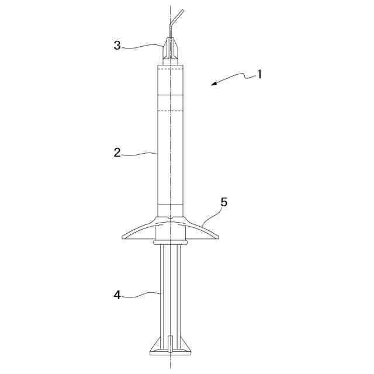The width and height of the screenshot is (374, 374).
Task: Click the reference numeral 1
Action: tap(259, 74)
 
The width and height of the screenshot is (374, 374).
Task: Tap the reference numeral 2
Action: tap(117, 153)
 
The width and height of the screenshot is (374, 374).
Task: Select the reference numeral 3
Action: tap(117, 46)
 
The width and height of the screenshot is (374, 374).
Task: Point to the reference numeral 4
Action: tap(117, 295)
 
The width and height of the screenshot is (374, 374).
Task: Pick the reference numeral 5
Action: tap(224, 202)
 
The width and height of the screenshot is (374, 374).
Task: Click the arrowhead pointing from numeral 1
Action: tap(214, 83)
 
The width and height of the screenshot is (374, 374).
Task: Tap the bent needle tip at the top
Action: tap(183, 11)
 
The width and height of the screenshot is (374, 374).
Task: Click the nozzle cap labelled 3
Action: tap(170, 49)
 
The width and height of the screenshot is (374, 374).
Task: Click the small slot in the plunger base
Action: tap(170, 344)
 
